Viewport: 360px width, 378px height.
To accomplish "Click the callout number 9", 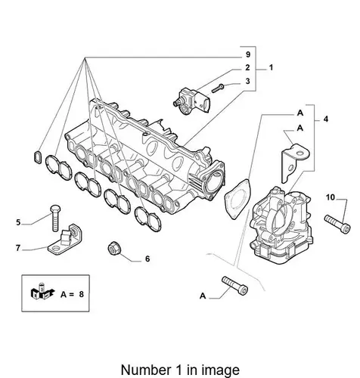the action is point(248,54).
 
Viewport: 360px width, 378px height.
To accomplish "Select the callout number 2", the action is point(247,67).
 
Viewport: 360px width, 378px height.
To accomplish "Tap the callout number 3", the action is point(247,81).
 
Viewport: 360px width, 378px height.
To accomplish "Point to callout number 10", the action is point(331,197).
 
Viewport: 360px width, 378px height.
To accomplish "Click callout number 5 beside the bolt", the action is point(18,222).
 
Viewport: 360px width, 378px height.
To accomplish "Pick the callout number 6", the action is point(147,259).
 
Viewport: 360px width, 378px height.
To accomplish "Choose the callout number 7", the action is point(18,248).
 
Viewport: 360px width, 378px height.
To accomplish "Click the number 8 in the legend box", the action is point(81,294).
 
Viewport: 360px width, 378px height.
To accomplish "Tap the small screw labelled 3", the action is point(218,88).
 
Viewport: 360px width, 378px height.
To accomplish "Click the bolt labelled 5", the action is point(55,218).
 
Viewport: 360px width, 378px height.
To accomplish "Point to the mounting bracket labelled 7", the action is point(65,240).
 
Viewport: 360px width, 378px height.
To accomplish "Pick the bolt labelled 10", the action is point(337,225).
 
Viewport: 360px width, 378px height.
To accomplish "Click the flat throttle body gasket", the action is point(238,199).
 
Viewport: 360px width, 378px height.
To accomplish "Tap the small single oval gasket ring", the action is point(37,157).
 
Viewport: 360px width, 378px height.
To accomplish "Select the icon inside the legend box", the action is point(42,293).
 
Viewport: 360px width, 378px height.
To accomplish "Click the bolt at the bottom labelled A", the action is point(234,286).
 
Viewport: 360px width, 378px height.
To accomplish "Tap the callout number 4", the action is point(326,119).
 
